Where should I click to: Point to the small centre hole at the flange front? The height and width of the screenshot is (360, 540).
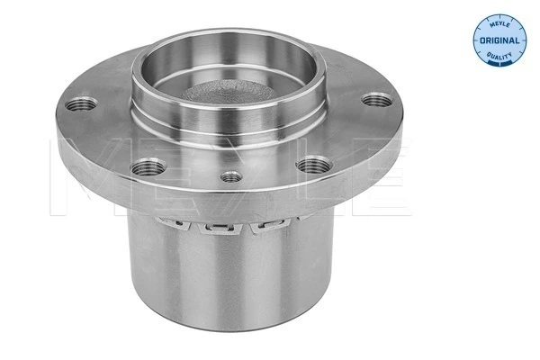click(232, 177)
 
